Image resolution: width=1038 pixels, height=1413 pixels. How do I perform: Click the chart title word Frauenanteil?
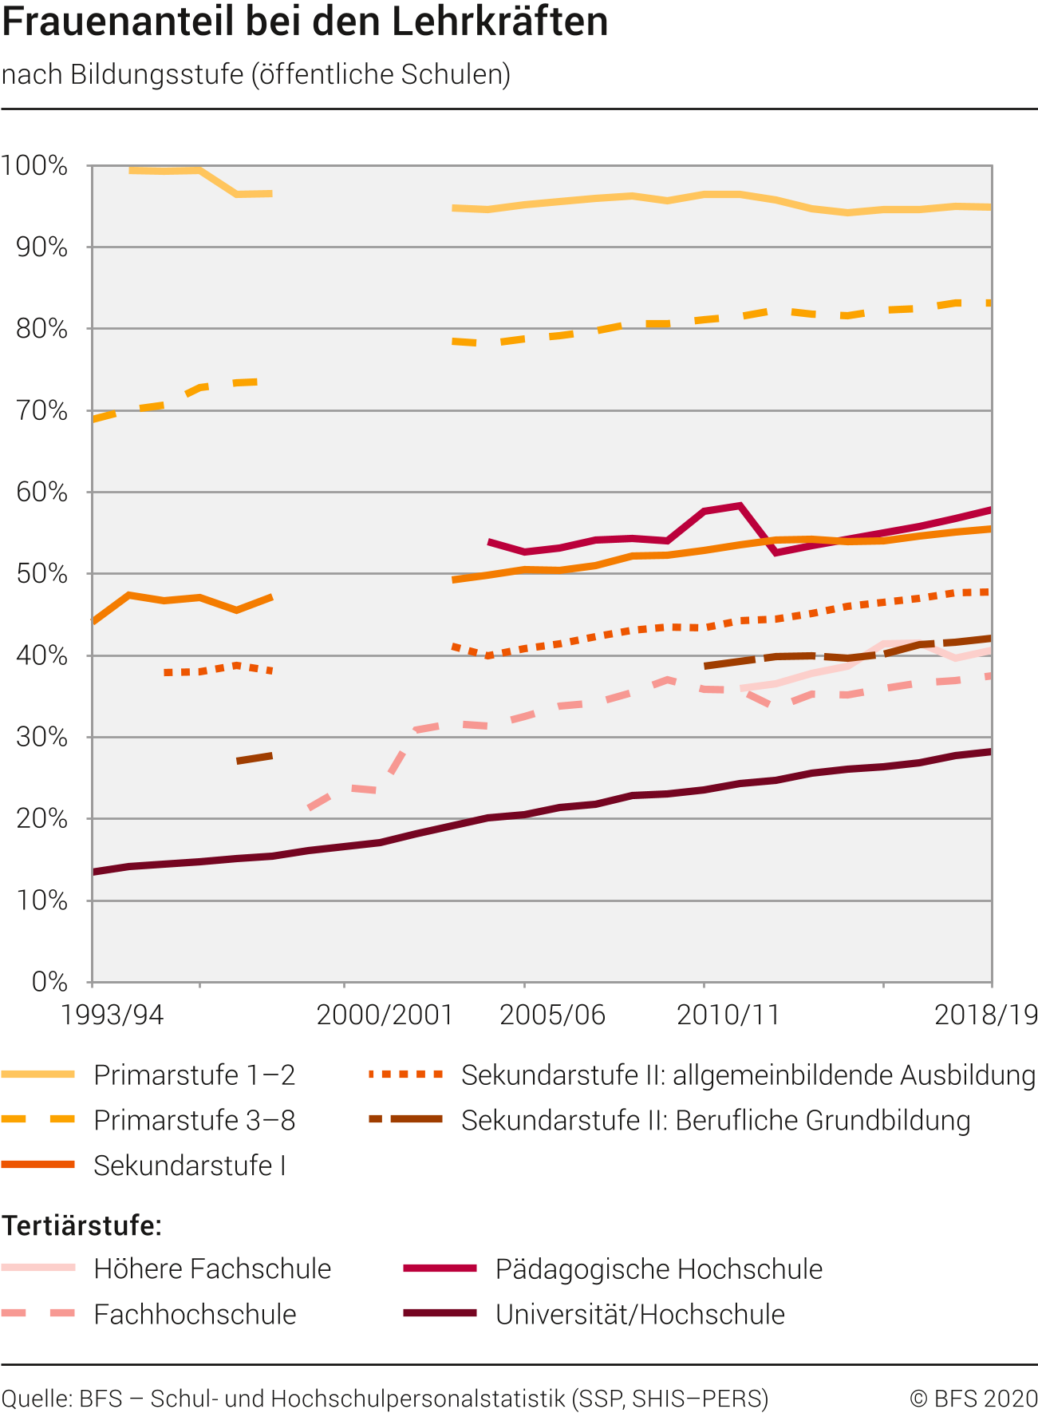click(x=118, y=22)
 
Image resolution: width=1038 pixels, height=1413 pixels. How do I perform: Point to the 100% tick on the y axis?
click(x=35, y=166)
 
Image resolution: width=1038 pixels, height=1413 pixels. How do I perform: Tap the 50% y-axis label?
click(x=41, y=574)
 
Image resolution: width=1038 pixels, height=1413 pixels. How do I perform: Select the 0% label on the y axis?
click(x=49, y=982)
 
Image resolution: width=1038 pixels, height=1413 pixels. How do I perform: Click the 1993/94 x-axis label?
click(x=112, y=1015)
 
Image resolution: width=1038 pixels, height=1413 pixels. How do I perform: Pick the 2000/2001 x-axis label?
click(x=385, y=1015)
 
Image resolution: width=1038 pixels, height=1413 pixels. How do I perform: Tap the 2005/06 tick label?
click(x=552, y=1015)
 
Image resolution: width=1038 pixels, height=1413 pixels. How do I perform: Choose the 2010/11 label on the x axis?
click(x=728, y=1015)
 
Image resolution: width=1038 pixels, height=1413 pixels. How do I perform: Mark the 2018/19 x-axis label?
click(x=986, y=1015)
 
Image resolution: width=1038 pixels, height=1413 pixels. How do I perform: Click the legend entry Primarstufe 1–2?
click(x=194, y=1075)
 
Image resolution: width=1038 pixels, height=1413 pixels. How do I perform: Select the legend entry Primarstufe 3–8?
click(x=194, y=1120)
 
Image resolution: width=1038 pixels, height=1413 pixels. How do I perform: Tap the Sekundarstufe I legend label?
click(x=189, y=1166)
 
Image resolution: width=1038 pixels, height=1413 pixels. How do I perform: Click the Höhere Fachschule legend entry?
click(x=211, y=1269)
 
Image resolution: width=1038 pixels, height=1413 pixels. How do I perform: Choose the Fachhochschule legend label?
click(x=195, y=1314)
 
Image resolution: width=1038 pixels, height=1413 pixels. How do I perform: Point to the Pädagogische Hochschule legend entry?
click(x=658, y=1269)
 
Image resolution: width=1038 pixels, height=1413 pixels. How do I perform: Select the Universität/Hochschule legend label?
click(x=640, y=1314)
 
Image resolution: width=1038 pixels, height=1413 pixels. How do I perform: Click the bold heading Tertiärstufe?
click(x=81, y=1225)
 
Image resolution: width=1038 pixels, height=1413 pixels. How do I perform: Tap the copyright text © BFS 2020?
click(x=973, y=1398)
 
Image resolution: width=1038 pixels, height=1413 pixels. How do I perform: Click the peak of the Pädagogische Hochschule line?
click(x=740, y=505)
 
